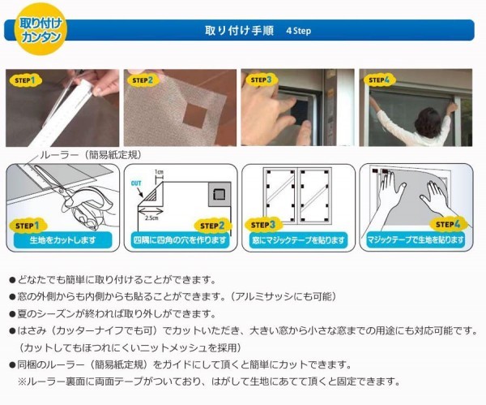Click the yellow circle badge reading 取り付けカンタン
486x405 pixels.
click(40, 29)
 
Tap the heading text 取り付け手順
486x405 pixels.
click(239, 31)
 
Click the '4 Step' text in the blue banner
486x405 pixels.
click(298, 31)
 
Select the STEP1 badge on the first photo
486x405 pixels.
click(25, 80)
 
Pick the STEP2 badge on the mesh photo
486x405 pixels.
click(143, 80)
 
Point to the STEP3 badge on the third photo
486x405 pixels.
click(261, 80)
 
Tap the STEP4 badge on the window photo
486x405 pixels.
click(379, 80)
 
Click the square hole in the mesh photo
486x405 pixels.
click(195, 115)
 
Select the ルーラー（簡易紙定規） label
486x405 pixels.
click(91, 155)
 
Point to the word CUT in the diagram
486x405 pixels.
click(136, 183)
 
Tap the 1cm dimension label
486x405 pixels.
click(159, 172)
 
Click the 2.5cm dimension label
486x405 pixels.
click(151, 218)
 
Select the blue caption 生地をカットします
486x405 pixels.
click(62, 240)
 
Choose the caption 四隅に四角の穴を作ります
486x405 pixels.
click(180, 240)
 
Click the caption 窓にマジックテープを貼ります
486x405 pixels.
click(298, 240)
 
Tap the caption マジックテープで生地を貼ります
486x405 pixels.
click(416, 240)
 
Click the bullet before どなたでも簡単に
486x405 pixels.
click(12, 281)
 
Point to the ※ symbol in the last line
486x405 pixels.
click(22, 381)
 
